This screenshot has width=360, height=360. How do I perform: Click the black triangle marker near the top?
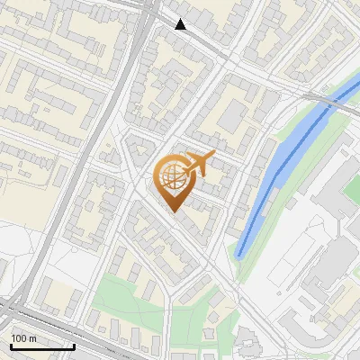pos(181,24)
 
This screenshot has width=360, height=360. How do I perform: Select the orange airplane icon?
pos(200,164)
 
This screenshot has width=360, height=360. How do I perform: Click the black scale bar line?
pos(41,346)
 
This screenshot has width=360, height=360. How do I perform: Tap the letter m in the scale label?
pos(33,338)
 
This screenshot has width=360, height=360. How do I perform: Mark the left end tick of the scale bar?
pos(10,345)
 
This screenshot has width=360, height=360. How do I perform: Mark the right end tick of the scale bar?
pos(74,345)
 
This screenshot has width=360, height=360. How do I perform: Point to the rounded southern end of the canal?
pos(241,252)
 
